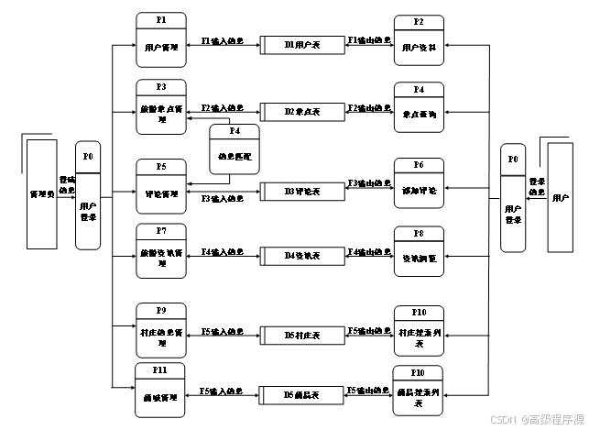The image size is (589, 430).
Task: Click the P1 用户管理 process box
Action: pyautogui.click(x=161, y=40)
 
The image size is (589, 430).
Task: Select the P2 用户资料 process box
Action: pyautogui.click(x=419, y=40)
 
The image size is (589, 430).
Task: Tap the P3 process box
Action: pyautogui.click(x=161, y=105)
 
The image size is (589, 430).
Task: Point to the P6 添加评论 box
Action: pyautogui.click(x=419, y=183)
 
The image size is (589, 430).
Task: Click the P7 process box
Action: pyautogui.click(x=161, y=250)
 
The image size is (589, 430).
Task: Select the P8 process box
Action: pyautogui.click(x=419, y=250)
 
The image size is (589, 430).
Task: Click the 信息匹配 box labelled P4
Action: pyautogui.click(x=235, y=149)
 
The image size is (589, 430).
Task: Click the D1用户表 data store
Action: pyautogui.click(x=302, y=44)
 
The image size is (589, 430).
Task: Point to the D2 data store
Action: pyautogui.click(x=302, y=111)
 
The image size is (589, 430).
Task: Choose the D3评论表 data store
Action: pyautogui.click(x=302, y=192)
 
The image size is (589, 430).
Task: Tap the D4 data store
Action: pyautogui.click(x=302, y=254)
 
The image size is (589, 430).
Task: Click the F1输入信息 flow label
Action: pyautogui.click(x=223, y=41)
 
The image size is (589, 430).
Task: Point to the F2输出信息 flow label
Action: pyautogui.click(x=368, y=108)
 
